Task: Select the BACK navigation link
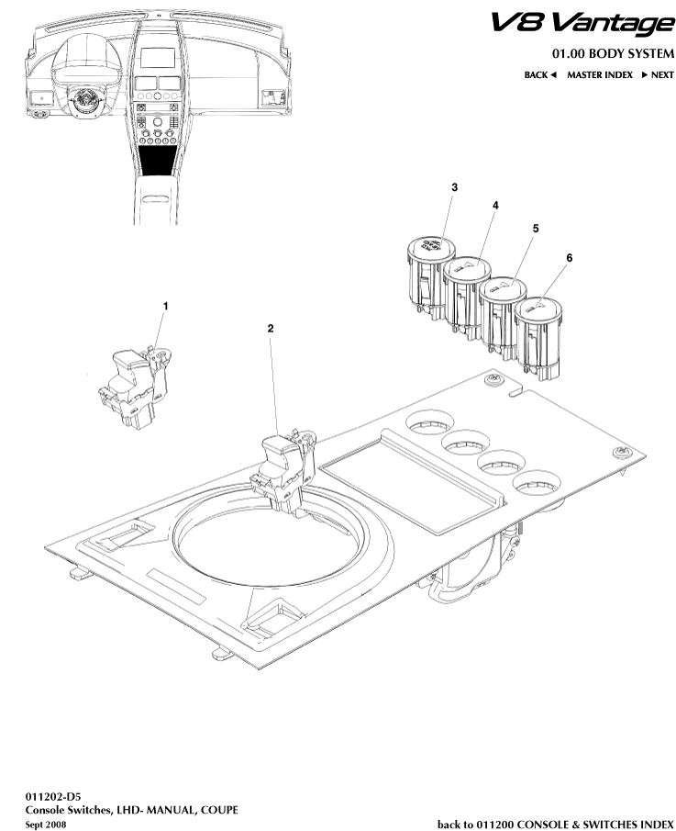pyautogui.click(x=540, y=74)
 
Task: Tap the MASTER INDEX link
pyautogui.click(x=599, y=74)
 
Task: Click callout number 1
pyautogui.click(x=166, y=304)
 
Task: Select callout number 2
pyautogui.click(x=270, y=327)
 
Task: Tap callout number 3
pyautogui.click(x=454, y=187)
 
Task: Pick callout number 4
pyautogui.click(x=495, y=207)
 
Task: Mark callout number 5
pyautogui.click(x=535, y=227)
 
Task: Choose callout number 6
pyautogui.click(x=569, y=259)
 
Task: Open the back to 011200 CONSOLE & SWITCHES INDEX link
pyautogui.click(x=555, y=824)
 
